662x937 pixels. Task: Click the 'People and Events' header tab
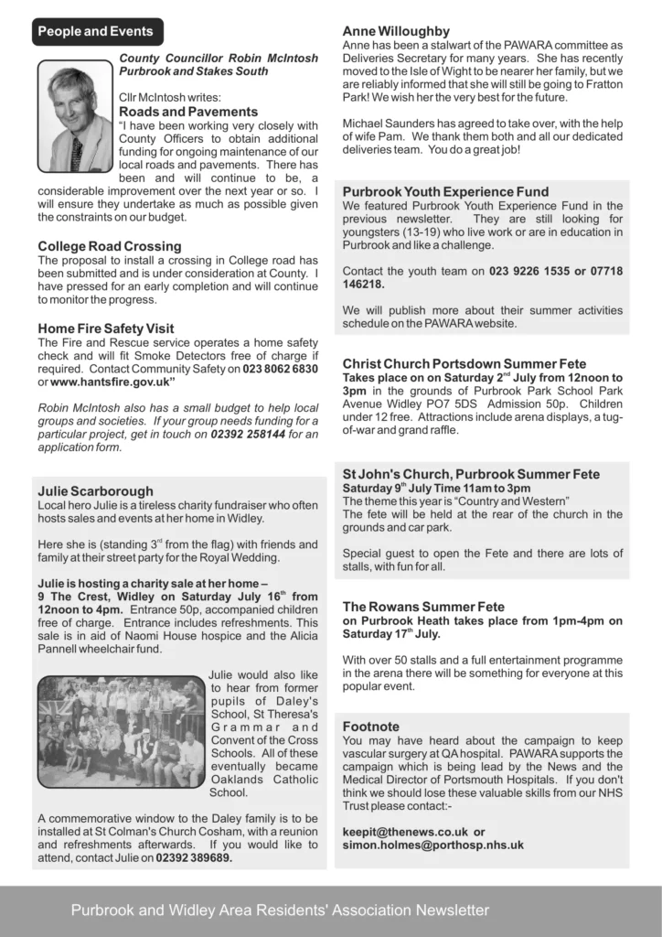coord(95,31)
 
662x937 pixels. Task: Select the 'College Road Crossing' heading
coord(110,246)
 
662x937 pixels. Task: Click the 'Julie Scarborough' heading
coord(95,491)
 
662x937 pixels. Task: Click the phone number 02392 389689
coord(193,858)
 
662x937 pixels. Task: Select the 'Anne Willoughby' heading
coord(396,31)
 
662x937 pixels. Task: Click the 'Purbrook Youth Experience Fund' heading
coord(445,192)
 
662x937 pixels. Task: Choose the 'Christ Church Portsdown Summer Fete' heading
coord(464,364)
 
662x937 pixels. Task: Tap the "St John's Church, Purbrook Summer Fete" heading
coord(471,475)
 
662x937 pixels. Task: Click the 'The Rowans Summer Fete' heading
coord(422,606)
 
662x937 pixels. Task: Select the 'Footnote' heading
coord(372,727)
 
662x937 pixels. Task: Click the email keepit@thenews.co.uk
coord(402,832)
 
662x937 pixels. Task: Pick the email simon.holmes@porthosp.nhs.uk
coord(432,845)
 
